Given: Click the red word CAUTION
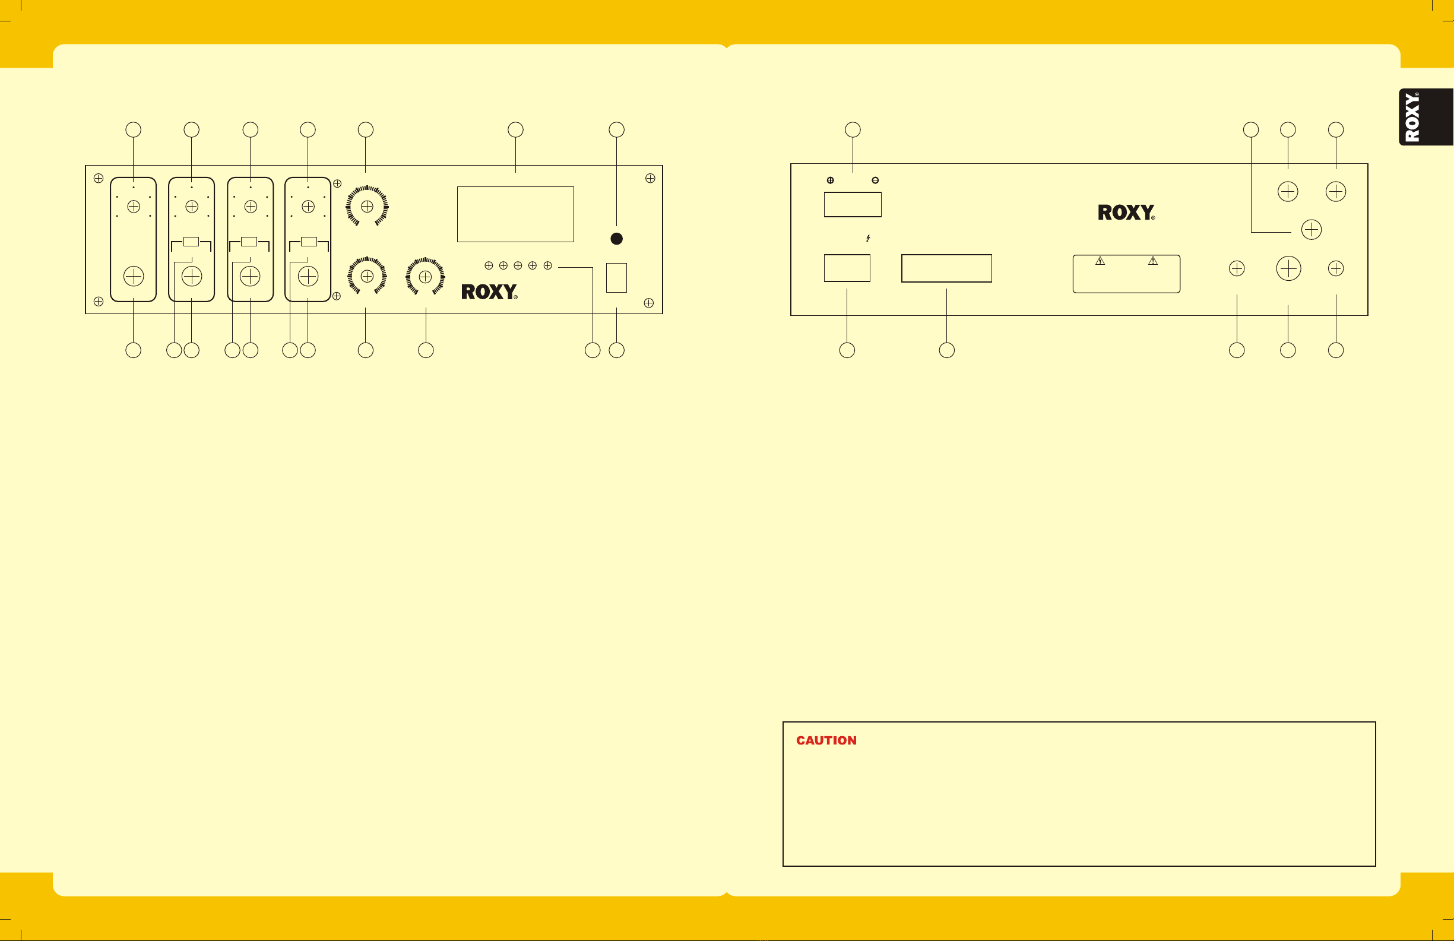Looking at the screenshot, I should click(826, 740).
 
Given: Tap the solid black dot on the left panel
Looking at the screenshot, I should click(616, 239).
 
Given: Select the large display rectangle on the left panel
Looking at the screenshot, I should click(515, 214).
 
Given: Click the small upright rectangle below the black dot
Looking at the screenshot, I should click(616, 277).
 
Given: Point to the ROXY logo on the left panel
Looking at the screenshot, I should click(489, 292).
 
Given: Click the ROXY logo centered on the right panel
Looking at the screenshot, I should click(1126, 213).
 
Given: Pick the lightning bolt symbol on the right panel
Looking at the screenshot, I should click(868, 238).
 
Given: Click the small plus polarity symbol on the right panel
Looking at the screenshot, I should click(830, 180).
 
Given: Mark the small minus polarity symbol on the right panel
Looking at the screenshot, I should click(876, 180).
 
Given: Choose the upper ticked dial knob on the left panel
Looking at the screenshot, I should click(367, 207).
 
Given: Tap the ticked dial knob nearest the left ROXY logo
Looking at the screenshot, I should click(425, 277).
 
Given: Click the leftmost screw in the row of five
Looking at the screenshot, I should click(489, 265).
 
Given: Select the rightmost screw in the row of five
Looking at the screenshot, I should click(548, 265).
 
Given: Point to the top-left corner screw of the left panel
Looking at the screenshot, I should click(99, 179).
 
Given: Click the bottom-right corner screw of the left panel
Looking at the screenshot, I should click(649, 303).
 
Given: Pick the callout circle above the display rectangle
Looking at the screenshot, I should click(515, 129).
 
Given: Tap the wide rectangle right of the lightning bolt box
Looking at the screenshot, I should click(946, 268).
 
